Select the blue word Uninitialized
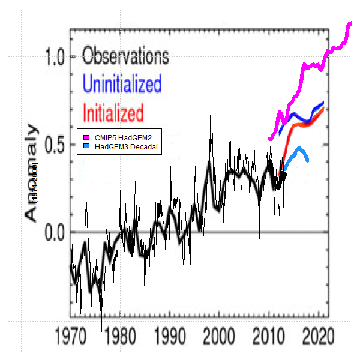click(x=122, y=85)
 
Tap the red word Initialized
click(x=113, y=113)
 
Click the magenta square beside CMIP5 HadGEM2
click(x=87, y=138)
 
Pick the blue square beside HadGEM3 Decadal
click(x=87, y=146)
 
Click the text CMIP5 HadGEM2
click(x=119, y=138)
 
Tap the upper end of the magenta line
click(x=350, y=23)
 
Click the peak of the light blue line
click(x=298, y=148)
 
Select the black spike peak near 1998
click(x=210, y=116)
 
